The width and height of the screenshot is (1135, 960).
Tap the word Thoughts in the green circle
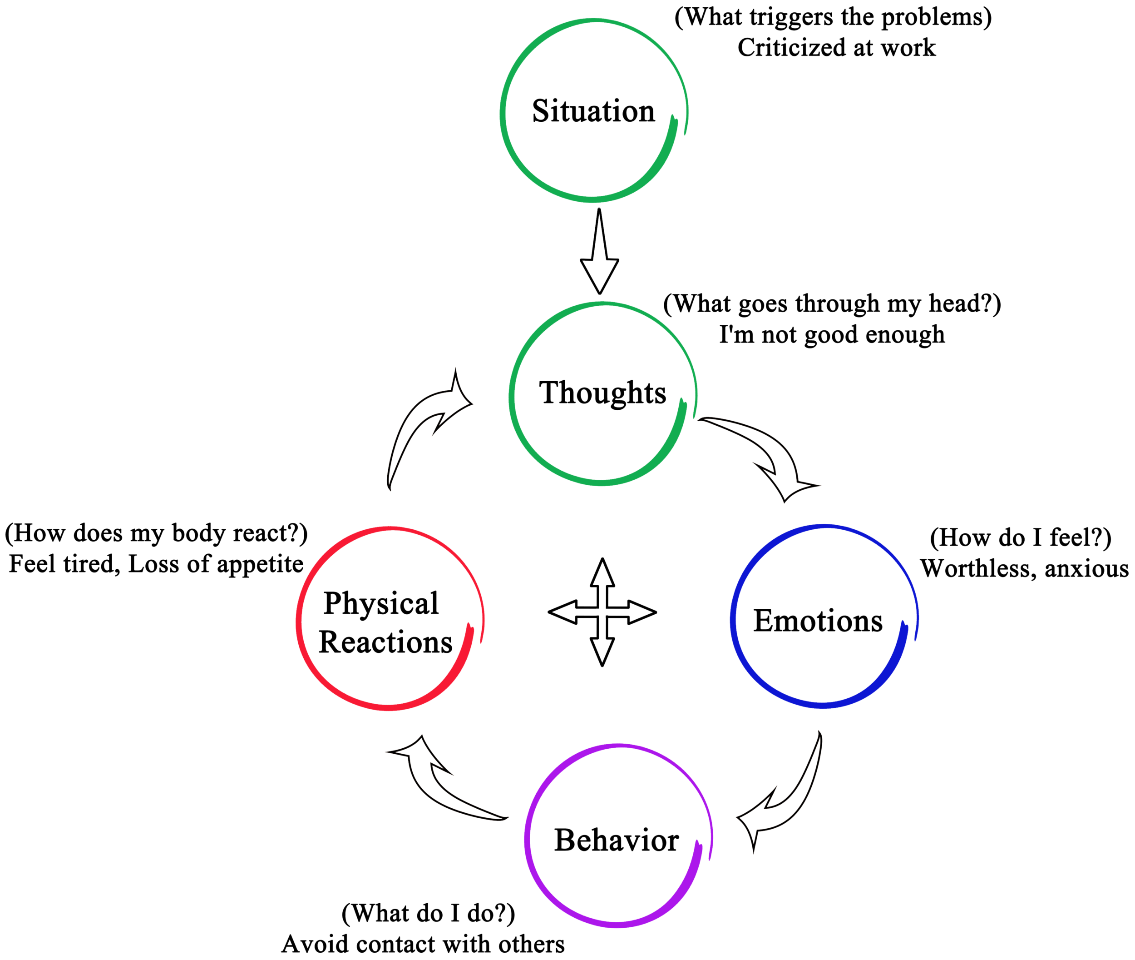pos(603,393)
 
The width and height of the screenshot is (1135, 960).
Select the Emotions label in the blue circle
pos(817,621)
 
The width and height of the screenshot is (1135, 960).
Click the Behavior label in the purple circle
pos(616,841)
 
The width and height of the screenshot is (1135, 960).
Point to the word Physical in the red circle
pos(381,603)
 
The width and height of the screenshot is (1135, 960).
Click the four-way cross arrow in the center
pos(602,613)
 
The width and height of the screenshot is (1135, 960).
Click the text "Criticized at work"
pos(836,48)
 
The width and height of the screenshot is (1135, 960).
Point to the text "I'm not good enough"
pos(832,335)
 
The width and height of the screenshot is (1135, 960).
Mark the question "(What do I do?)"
pos(428,913)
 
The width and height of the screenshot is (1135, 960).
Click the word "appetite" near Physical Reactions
pos(260,564)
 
